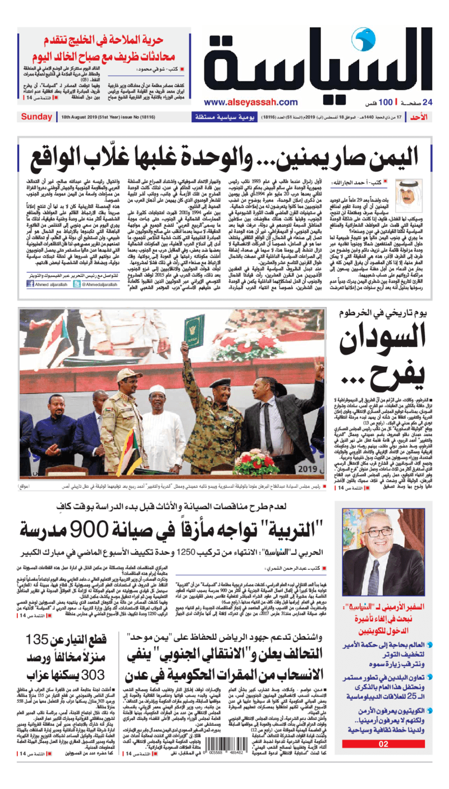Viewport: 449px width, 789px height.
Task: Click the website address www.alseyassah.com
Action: pyautogui.click(x=250, y=102)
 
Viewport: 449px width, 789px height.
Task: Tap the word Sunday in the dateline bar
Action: pyautogui.click(x=36, y=117)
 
